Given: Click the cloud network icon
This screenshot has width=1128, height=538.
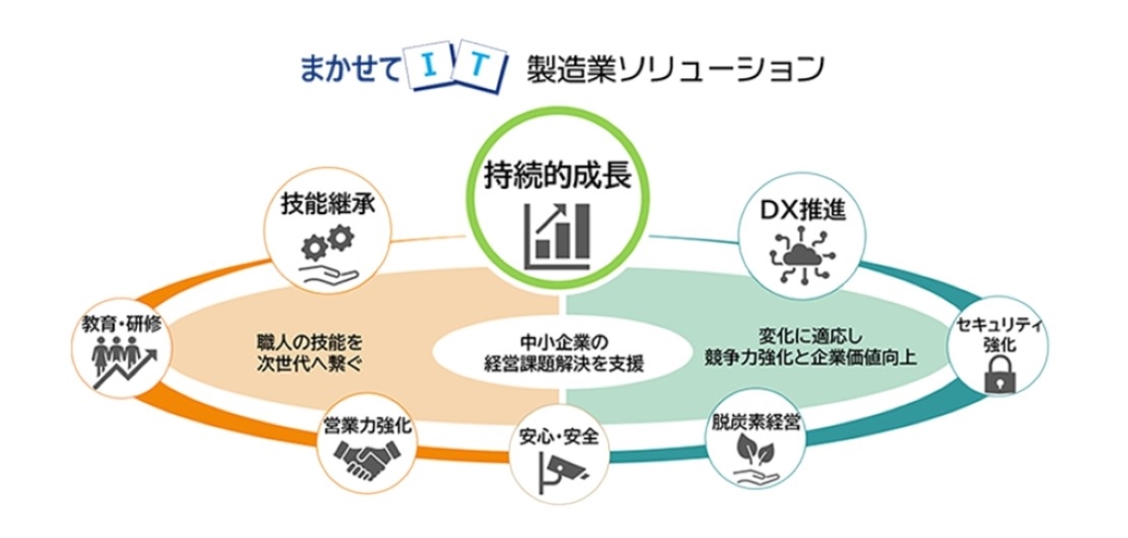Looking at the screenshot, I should click(x=802, y=254).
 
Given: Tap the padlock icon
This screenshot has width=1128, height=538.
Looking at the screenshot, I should click(x=993, y=378).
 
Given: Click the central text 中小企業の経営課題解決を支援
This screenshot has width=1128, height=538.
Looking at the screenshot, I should click(x=559, y=351).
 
